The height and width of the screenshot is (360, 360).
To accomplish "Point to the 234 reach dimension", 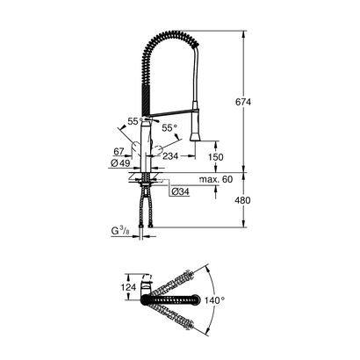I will click(173, 155).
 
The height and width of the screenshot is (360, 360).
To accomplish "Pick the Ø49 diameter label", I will click(121, 163).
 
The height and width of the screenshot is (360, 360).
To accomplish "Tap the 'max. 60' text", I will click(214, 179).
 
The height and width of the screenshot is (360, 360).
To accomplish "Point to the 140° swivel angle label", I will click(226, 299).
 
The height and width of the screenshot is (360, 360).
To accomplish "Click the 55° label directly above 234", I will click(169, 127).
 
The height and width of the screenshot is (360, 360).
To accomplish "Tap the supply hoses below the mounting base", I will click(146, 211).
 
